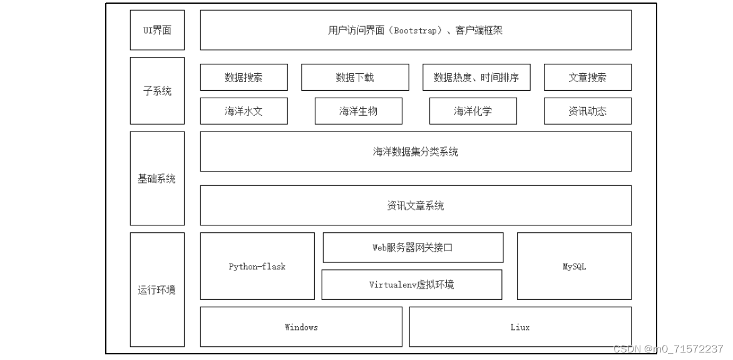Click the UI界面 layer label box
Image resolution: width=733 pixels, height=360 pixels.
[x=157, y=30]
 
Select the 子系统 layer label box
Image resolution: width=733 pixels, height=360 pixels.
[x=157, y=91]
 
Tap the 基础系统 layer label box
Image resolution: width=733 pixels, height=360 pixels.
[x=157, y=179]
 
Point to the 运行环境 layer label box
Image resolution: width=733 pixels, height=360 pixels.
[x=157, y=290]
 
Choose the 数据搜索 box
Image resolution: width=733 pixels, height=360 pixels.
[x=243, y=78]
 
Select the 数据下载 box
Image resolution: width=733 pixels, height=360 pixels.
[x=355, y=78]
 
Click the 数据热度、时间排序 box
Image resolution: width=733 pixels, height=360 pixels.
[x=476, y=78]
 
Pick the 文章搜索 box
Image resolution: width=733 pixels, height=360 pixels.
[x=587, y=78]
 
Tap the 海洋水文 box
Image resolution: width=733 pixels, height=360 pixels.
[x=243, y=111]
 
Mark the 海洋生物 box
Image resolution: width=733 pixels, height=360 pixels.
[x=358, y=111]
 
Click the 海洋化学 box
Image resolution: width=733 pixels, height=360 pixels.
[x=473, y=111]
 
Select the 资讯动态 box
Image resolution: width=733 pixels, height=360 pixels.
[x=587, y=111]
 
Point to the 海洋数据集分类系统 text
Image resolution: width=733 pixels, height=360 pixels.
[x=416, y=152]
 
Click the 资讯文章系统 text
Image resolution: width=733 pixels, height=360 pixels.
[x=416, y=205]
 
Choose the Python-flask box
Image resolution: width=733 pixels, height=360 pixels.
[x=257, y=267]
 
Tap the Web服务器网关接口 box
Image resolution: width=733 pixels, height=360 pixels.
[x=413, y=247]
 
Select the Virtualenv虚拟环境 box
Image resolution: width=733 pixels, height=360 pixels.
[x=411, y=285]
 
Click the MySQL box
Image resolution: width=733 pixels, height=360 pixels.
[x=574, y=267]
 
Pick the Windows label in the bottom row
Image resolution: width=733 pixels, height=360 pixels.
[x=301, y=327]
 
